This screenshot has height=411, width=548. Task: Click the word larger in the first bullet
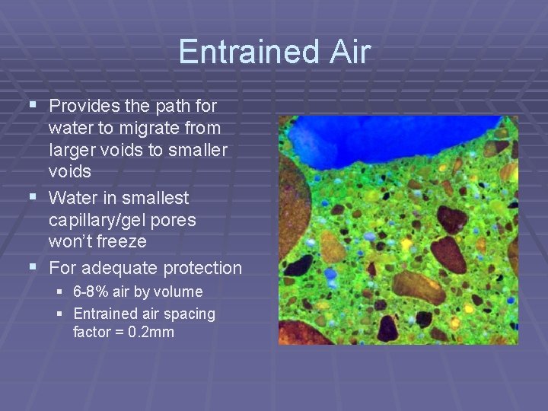(x=72, y=150)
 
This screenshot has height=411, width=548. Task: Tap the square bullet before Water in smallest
(x=31, y=197)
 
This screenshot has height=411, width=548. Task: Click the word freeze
(x=126, y=243)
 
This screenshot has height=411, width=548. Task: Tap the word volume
(x=180, y=292)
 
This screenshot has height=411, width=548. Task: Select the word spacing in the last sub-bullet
(x=190, y=314)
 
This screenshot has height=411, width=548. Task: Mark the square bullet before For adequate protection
(x=31, y=267)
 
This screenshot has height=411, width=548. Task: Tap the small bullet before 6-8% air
(x=61, y=292)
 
